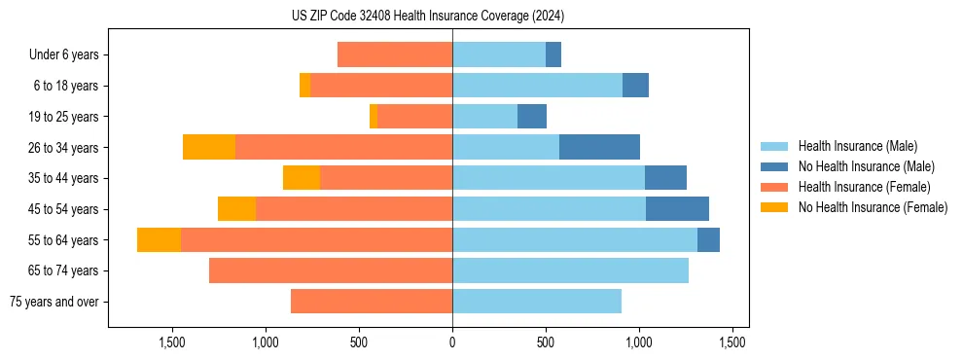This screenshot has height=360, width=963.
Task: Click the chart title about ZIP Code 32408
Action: pos(428,17)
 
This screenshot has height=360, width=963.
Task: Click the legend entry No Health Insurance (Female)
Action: pos(873,207)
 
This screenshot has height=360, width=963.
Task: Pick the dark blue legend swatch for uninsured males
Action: pos(775,166)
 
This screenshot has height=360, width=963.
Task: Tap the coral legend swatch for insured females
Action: pos(775,187)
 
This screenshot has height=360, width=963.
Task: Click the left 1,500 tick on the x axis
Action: pos(172,342)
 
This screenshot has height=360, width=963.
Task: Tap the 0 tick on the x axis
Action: pos(452,342)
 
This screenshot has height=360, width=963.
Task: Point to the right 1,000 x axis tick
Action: pos(639,342)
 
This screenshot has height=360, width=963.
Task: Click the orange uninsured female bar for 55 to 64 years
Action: pos(159,240)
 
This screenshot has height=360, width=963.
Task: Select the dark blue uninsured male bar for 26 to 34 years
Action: pos(599,148)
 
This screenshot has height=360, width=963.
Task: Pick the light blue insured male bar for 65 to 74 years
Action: pos(570,270)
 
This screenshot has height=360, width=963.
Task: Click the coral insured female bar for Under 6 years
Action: pos(395,55)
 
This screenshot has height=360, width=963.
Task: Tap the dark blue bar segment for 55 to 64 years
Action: pos(708,240)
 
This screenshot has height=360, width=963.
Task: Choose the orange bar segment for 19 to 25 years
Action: pos(374,117)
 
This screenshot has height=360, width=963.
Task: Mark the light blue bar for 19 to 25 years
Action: pos(484,117)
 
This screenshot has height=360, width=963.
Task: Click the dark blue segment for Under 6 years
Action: pos(553,55)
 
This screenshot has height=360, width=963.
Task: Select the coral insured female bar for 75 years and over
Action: pos(372,302)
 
